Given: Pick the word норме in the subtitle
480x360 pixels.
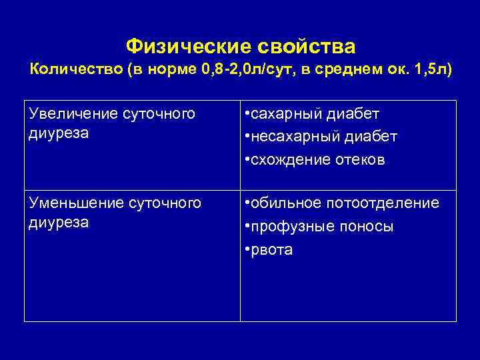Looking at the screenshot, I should pos(171,70).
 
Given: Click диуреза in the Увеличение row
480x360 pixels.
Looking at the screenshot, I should pos(59,131).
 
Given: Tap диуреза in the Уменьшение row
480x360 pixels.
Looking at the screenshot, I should pos(59,221).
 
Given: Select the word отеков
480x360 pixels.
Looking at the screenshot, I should pos(360,160).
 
